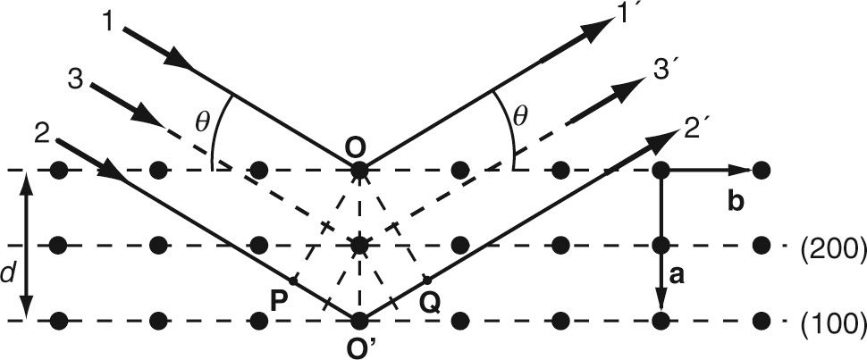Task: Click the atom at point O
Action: tap(358, 170)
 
